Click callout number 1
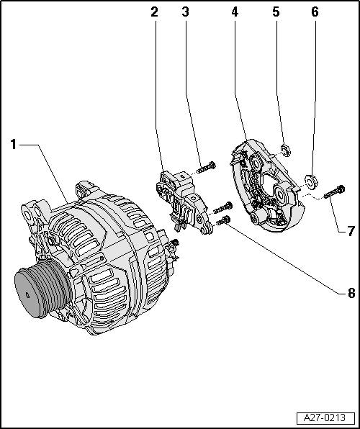tap(14, 145)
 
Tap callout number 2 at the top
tap(155, 12)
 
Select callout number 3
tap(186, 12)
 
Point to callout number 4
tap(235, 12)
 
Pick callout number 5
tap(276, 12)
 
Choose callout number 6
tap(315, 12)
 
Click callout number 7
tap(351, 231)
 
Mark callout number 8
tap(351, 293)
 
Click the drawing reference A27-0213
tap(325, 418)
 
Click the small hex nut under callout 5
tap(286, 150)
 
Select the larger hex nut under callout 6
tap(311, 181)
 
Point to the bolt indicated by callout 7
tap(334, 192)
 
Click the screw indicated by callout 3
tap(206, 168)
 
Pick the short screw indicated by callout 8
tap(223, 220)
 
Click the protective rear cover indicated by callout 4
tap(266, 186)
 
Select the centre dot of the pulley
tap(27, 295)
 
